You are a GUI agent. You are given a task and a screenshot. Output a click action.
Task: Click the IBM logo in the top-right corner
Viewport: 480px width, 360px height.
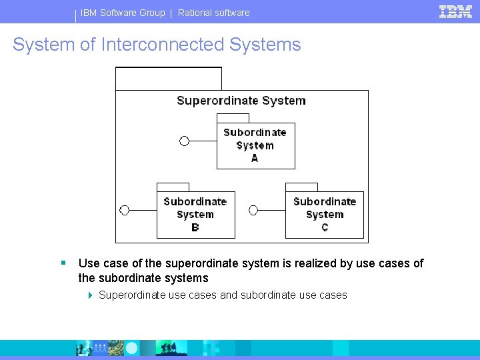click(455, 11)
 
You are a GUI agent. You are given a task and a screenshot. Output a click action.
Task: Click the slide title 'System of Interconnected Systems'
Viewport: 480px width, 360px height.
click(157, 45)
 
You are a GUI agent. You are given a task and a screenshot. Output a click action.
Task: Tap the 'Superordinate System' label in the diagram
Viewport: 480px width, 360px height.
click(241, 101)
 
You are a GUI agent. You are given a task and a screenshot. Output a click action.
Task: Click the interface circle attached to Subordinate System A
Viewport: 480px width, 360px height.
click(185, 141)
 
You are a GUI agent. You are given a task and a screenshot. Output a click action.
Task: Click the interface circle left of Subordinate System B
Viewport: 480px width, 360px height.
click(124, 210)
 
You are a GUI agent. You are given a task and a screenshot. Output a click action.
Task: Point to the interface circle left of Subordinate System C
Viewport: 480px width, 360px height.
click(253, 210)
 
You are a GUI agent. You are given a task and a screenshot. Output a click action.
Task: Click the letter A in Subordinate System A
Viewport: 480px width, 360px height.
click(255, 158)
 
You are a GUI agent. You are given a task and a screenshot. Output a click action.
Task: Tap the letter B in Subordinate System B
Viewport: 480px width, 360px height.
click(195, 227)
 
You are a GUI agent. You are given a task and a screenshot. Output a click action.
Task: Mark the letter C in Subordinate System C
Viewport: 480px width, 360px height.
click(325, 227)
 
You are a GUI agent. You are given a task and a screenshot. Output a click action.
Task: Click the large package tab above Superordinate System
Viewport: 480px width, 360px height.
click(169, 79)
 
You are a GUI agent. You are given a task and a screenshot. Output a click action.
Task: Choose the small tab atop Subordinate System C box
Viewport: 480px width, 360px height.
click(301, 187)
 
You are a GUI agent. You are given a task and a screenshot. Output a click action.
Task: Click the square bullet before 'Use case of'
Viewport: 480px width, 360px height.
click(63, 263)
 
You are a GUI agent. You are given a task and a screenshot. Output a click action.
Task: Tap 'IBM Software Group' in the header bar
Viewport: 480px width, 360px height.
click(123, 13)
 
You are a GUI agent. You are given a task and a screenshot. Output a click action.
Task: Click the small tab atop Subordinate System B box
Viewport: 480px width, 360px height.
click(173, 187)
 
